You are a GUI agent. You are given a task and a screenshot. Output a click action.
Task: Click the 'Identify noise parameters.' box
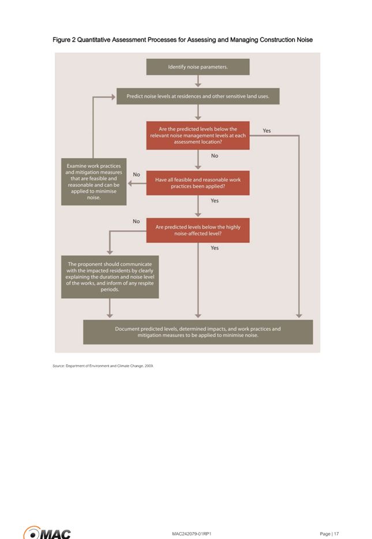198,67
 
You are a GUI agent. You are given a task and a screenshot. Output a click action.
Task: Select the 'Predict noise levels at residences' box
198,96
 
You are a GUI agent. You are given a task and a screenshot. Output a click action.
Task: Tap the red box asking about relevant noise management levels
198,136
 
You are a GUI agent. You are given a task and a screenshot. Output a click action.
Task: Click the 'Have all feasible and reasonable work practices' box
198,183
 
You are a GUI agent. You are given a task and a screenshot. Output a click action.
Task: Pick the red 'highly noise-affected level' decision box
198,230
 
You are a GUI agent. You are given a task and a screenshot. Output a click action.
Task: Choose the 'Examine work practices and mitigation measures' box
94,182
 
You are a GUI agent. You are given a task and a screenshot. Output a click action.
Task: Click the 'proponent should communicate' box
110,277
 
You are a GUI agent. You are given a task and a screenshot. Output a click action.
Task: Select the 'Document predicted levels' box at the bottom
198,332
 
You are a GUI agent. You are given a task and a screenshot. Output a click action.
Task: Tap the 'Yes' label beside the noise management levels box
266,130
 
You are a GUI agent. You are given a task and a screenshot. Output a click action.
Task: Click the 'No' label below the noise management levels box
215,156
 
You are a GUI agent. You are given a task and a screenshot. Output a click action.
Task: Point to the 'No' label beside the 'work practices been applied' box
136,175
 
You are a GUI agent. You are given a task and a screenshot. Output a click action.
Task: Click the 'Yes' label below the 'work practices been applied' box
215,201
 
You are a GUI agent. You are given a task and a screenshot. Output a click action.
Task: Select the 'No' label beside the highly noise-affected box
136,222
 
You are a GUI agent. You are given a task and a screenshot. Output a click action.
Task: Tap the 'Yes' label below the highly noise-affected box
215,248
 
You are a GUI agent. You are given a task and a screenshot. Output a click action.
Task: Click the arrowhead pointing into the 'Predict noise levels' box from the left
113,97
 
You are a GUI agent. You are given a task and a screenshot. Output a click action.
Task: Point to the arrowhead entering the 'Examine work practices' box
130,183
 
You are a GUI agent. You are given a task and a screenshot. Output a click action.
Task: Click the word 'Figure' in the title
61,40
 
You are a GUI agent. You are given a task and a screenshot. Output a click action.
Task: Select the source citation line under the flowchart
103,366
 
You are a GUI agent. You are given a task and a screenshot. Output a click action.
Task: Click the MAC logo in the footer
47,533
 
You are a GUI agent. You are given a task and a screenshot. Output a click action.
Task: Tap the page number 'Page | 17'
329,534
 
